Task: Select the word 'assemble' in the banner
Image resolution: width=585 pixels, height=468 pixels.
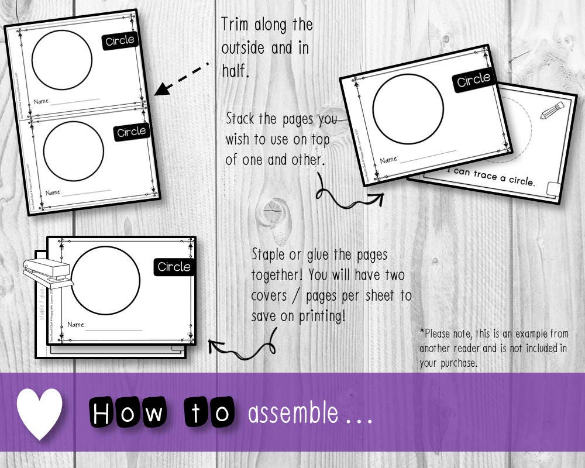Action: tap(293, 414)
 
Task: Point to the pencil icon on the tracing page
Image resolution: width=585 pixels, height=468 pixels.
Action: tap(552, 111)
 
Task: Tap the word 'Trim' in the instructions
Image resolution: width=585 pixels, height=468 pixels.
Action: tap(236, 25)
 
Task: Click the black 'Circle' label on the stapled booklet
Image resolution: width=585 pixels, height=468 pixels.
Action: tap(174, 267)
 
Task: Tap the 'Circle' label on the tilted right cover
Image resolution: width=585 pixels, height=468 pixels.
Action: tap(473, 80)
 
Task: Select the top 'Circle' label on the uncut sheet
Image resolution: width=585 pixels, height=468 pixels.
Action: tap(119, 41)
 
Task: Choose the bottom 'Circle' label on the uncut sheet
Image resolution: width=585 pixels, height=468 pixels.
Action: tap(132, 132)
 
